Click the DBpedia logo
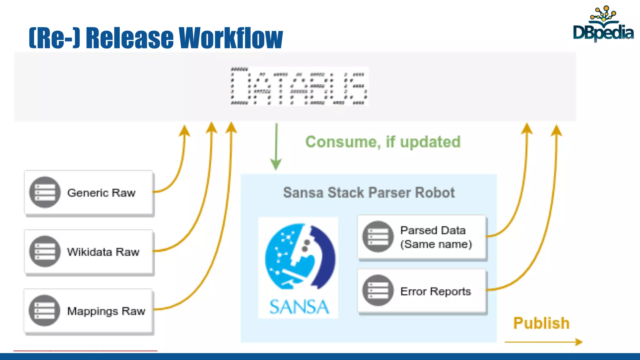pyautogui.click(x=603, y=25)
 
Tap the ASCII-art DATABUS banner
pyautogui.click(x=299, y=86)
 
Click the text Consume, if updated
pyautogui.click(x=383, y=142)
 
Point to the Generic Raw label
pyautogui.click(x=101, y=193)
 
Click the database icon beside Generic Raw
pyautogui.click(x=45, y=192)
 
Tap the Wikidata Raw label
pyautogui.click(x=103, y=252)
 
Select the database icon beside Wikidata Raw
pyautogui.click(x=45, y=251)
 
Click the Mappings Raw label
pyautogui.click(x=106, y=311)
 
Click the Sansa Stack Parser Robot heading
pyautogui.click(x=369, y=192)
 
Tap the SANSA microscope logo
pyautogui.click(x=299, y=256)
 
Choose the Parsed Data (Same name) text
pyautogui.click(x=436, y=237)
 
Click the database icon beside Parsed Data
pyautogui.click(x=378, y=237)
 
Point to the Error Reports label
pyautogui.click(x=436, y=291)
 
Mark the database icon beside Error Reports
pyautogui.click(x=378, y=290)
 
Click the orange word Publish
pyautogui.click(x=541, y=323)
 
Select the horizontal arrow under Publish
pyautogui.click(x=543, y=342)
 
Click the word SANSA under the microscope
pyautogui.click(x=299, y=307)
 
